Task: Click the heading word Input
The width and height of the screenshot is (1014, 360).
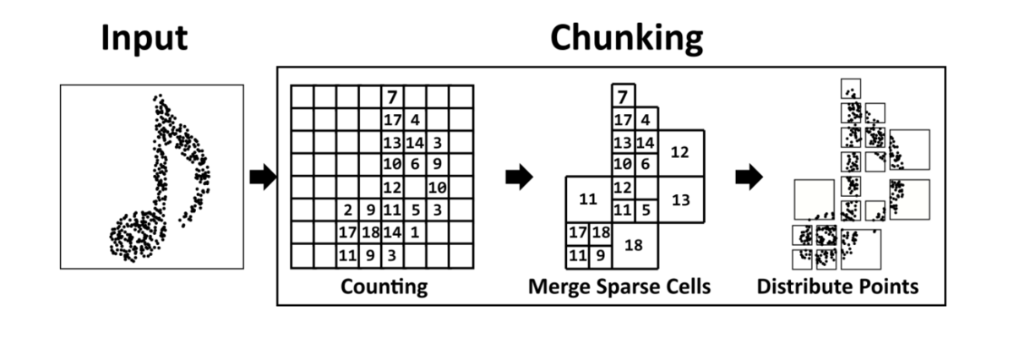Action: click(x=144, y=39)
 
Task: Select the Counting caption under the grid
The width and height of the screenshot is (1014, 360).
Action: click(x=384, y=287)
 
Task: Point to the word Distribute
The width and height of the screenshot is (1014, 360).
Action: click(x=797, y=286)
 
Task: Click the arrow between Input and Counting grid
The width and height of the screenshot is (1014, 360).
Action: click(x=263, y=177)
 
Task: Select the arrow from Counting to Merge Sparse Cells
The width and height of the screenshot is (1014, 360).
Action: click(x=519, y=177)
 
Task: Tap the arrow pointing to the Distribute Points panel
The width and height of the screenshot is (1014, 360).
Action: click(x=750, y=177)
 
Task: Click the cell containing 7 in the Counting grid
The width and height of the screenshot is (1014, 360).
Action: click(x=392, y=97)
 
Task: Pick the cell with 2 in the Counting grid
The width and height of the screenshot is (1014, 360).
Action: click(x=347, y=210)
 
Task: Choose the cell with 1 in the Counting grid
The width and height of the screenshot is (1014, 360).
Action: click(x=415, y=232)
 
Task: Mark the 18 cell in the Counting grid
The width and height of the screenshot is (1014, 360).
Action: click(x=370, y=232)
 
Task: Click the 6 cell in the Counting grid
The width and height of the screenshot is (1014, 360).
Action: click(x=415, y=165)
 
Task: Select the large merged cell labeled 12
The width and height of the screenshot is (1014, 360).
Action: click(x=681, y=153)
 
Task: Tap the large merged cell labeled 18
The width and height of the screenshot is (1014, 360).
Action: click(x=635, y=245)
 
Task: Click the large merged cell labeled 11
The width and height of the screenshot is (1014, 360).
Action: click(x=589, y=199)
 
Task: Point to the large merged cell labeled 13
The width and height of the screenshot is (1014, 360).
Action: click(x=681, y=199)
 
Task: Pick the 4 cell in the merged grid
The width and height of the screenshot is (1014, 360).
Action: click(x=646, y=119)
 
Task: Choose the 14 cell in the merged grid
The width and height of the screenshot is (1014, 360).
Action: click(x=646, y=143)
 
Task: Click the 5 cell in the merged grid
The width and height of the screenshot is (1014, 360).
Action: click(x=646, y=210)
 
